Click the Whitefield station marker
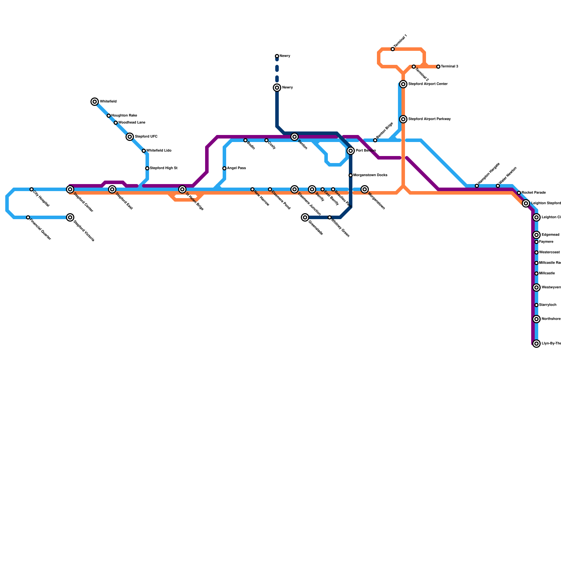(95, 102)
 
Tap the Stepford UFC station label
(146, 137)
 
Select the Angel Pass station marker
(224, 168)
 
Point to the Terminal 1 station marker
(393, 49)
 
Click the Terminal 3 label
(450, 67)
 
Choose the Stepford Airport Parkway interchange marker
(403, 119)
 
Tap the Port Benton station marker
(351, 151)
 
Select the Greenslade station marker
(305, 217)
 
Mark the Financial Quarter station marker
(28, 217)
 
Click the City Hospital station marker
(32, 189)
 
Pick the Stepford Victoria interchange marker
(70, 217)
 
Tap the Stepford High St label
(163, 168)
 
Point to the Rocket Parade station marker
(519, 193)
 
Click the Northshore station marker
(536, 319)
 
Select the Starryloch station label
(548, 305)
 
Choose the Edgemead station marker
(536, 235)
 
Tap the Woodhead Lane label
(132, 123)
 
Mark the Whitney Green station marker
(330, 217)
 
